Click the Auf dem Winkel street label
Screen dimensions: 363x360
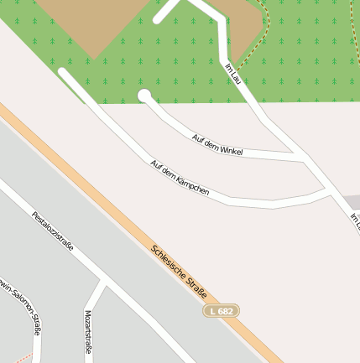point(217,144)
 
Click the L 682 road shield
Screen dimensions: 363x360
point(222,311)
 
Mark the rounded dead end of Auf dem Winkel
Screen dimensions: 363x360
point(144,96)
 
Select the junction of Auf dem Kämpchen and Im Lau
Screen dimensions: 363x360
point(329,192)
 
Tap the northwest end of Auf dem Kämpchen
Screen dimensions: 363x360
point(63,73)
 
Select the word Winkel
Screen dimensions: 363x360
point(229,148)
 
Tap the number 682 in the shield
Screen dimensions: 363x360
point(226,311)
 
